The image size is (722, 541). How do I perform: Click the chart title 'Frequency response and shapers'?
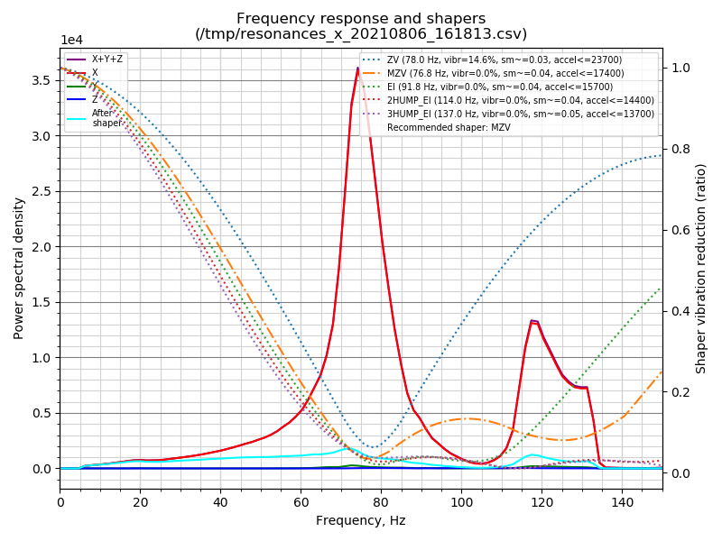(361, 19)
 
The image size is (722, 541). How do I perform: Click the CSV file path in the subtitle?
(361, 34)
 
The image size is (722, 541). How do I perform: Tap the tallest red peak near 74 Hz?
(357, 69)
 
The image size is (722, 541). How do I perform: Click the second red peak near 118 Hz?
(533, 321)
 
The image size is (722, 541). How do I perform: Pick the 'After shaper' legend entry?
(106, 118)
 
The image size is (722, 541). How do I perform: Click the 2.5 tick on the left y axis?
(42, 191)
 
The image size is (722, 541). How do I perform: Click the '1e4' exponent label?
(71, 41)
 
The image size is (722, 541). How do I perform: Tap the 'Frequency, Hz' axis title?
(361, 520)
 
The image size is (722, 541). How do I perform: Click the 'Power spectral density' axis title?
(19, 268)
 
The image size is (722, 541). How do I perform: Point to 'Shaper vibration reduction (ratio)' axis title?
(701, 268)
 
